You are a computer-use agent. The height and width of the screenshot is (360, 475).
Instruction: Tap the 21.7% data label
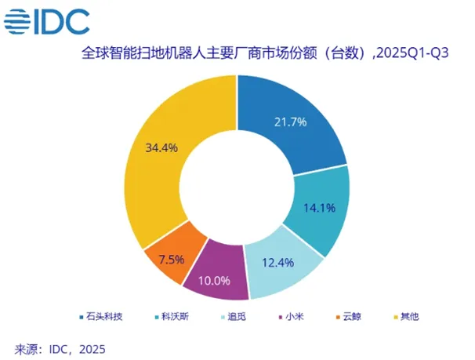click(x=291, y=122)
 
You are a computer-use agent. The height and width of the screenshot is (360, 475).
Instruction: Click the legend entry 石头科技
click(x=100, y=317)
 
